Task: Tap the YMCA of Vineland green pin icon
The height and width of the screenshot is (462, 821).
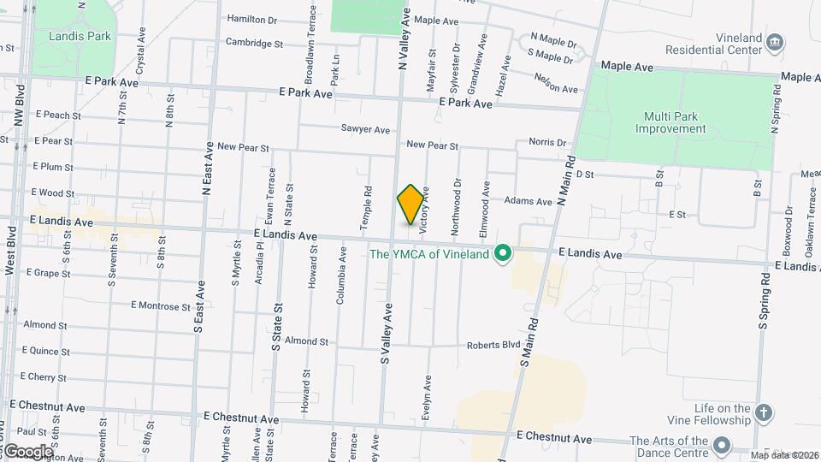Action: (x=504, y=252)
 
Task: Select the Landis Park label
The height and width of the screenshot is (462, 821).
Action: (x=80, y=37)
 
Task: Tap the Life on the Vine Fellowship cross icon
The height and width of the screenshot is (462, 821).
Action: (x=765, y=413)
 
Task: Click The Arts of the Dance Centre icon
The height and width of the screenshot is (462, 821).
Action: (x=723, y=445)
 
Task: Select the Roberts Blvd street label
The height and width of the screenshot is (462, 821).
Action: (x=493, y=346)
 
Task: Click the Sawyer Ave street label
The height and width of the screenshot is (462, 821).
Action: (x=365, y=130)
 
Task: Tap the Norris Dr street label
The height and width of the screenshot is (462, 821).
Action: (x=547, y=142)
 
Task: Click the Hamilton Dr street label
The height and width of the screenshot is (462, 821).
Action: (x=252, y=19)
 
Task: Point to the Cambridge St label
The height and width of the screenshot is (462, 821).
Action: (x=254, y=43)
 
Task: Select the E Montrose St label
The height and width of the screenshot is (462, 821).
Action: (x=161, y=305)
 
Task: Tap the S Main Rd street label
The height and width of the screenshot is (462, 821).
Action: (x=530, y=340)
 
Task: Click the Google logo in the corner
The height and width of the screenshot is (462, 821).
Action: (x=27, y=452)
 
